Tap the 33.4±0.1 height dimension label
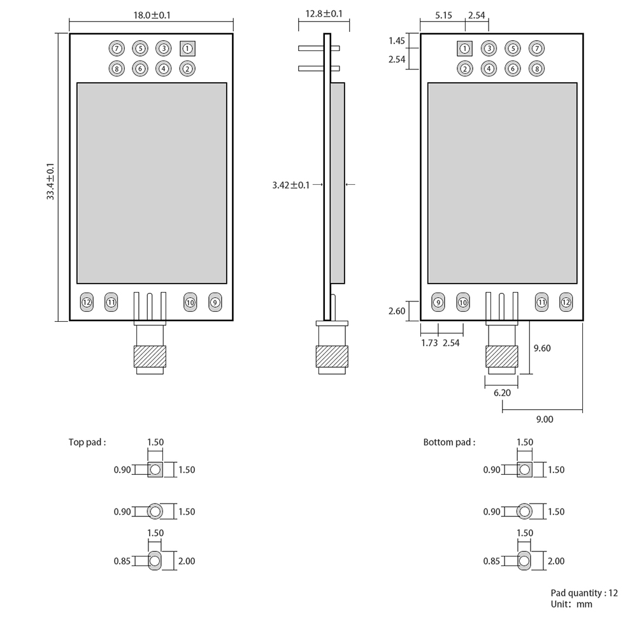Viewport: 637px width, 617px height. (x=51, y=182)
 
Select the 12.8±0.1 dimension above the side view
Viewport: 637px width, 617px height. (x=324, y=13)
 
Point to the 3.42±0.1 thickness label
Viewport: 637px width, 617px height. (x=290, y=185)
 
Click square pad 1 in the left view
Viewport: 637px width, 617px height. (x=187, y=48)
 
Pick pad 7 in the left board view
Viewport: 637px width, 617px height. (x=116, y=48)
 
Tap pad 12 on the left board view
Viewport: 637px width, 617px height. (x=87, y=302)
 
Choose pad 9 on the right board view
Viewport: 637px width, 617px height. (x=438, y=302)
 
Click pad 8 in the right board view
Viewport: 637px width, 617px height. (x=537, y=69)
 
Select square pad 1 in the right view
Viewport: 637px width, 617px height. (x=464, y=48)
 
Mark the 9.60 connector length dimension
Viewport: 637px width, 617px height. (x=541, y=348)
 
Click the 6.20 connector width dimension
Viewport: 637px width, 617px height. (x=502, y=393)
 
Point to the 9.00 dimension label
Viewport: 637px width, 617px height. (x=544, y=419)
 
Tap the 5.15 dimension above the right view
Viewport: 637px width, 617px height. (x=444, y=15)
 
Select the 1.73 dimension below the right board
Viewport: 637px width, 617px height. (x=429, y=343)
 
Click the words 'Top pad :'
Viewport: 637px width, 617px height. (x=87, y=442)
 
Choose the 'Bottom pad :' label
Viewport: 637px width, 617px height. (x=449, y=442)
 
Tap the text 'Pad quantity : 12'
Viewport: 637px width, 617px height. (x=584, y=593)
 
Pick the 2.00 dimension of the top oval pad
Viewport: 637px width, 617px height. (x=187, y=561)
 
